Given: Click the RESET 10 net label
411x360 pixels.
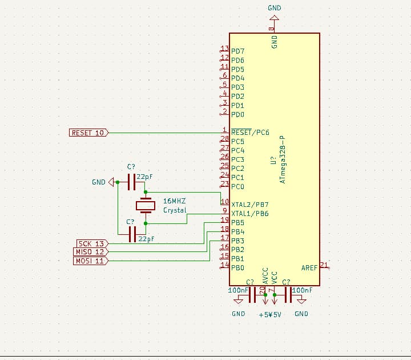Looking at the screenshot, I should click(88, 133).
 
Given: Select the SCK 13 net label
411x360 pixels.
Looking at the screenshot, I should click(91, 243).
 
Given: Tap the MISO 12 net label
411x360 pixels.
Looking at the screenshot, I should click(90, 252).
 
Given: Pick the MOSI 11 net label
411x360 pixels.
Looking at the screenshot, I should click(90, 261).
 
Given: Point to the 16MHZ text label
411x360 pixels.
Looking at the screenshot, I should click(174, 201).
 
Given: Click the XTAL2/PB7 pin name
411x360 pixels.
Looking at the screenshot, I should click(249, 204).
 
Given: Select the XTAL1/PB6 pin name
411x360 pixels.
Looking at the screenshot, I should click(249, 213).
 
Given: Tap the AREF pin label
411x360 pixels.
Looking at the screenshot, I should click(309, 267).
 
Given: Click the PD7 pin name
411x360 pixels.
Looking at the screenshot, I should click(237, 51).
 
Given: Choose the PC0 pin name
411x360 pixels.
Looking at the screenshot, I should click(237, 186).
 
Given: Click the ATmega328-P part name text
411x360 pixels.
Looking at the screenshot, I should click(284, 159).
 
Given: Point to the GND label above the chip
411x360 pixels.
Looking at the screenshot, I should click(274, 8).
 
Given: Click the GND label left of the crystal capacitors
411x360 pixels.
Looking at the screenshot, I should click(98, 182).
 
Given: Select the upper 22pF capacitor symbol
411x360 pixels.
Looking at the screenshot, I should click(131, 182).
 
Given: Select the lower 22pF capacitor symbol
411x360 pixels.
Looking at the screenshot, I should click(132, 234).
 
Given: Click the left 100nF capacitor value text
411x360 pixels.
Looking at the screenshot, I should click(237, 290).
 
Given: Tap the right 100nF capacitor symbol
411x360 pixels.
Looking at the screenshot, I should click(288, 295).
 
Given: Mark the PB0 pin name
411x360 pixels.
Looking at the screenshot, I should click(237, 267).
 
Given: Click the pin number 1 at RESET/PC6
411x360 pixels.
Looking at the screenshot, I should click(225, 130).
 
